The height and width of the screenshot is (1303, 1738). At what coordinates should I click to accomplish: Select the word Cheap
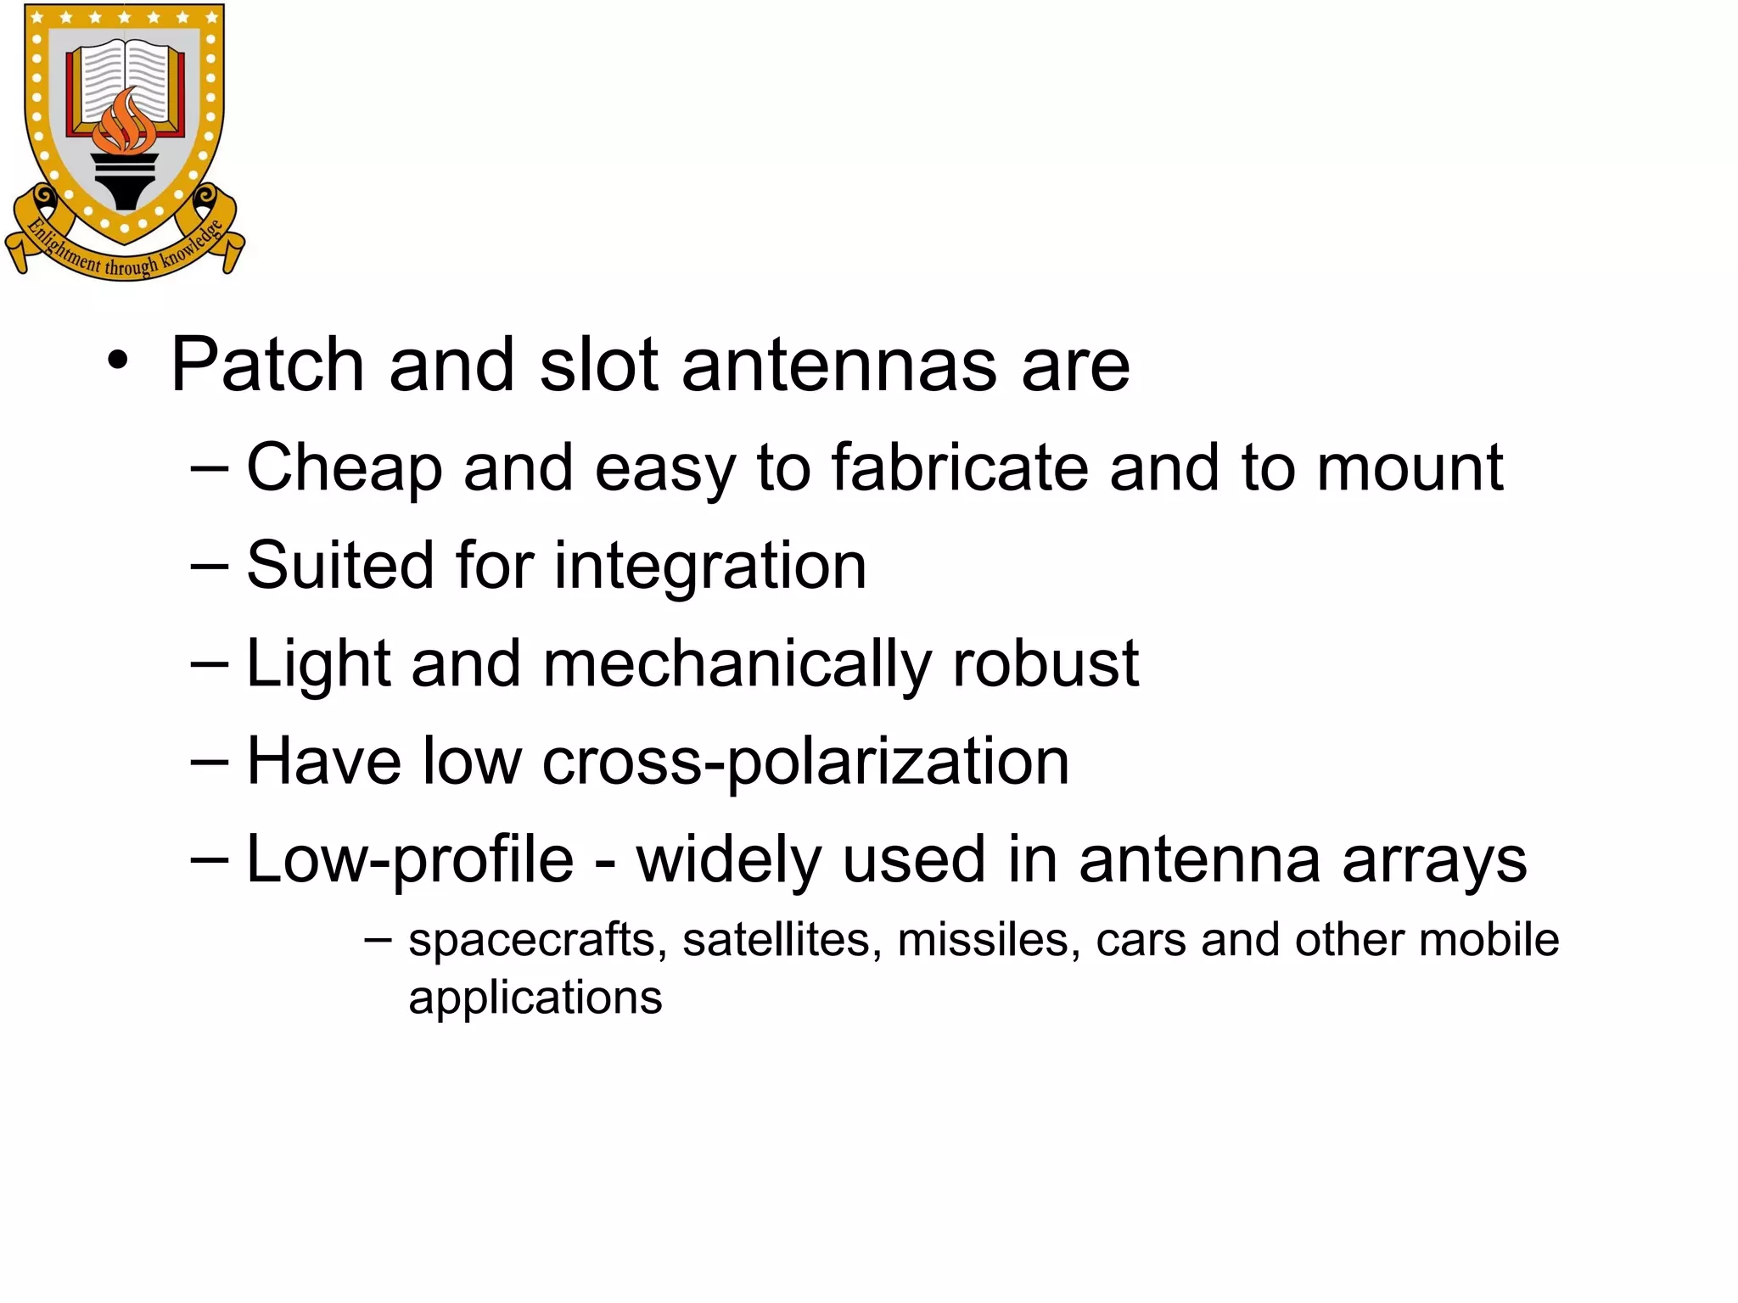pos(344,468)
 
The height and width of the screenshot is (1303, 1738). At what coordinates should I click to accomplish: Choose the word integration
pos(710,566)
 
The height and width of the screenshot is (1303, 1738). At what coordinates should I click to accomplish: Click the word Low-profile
pos(410,860)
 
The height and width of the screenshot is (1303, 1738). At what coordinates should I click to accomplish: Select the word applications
pos(535,998)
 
